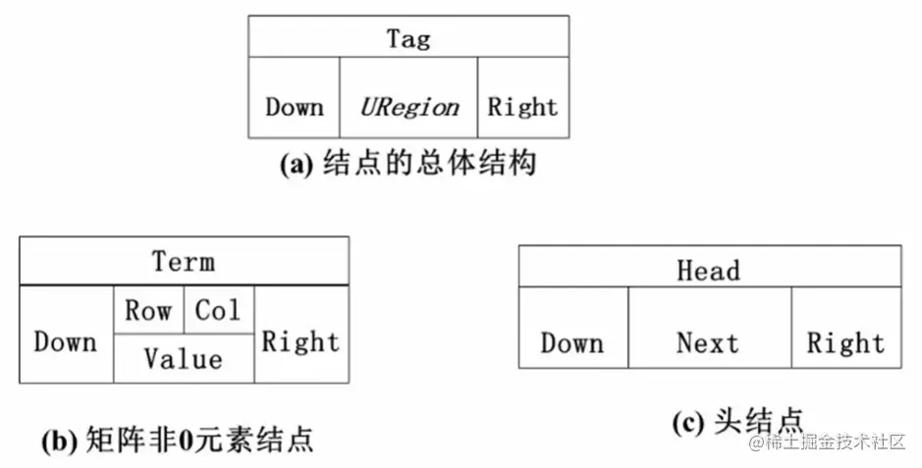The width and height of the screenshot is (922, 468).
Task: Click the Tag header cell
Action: [x=407, y=37]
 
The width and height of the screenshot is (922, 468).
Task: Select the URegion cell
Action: [x=408, y=106]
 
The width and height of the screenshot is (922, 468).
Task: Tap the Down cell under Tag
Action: [x=294, y=106]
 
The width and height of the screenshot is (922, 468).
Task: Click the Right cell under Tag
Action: [x=522, y=106]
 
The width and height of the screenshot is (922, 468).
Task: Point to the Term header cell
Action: [x=184, y=262]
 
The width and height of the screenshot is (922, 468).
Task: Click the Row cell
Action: [x=148, y=311]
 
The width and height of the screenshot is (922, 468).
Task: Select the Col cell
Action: [x=218, y=311]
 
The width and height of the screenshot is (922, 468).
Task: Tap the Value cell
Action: [x=184, y=358]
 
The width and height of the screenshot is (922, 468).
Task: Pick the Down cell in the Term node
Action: [x=66, y=340]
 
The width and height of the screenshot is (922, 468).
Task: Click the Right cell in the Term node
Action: [x=300, y=340]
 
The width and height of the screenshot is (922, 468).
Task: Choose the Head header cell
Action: [x=709, y=270]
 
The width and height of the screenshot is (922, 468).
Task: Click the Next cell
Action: [x=708, y=342]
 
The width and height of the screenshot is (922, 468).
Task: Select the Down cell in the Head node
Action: [x=572, y=342]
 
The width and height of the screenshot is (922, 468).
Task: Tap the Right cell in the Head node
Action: [x=845, y=342]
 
